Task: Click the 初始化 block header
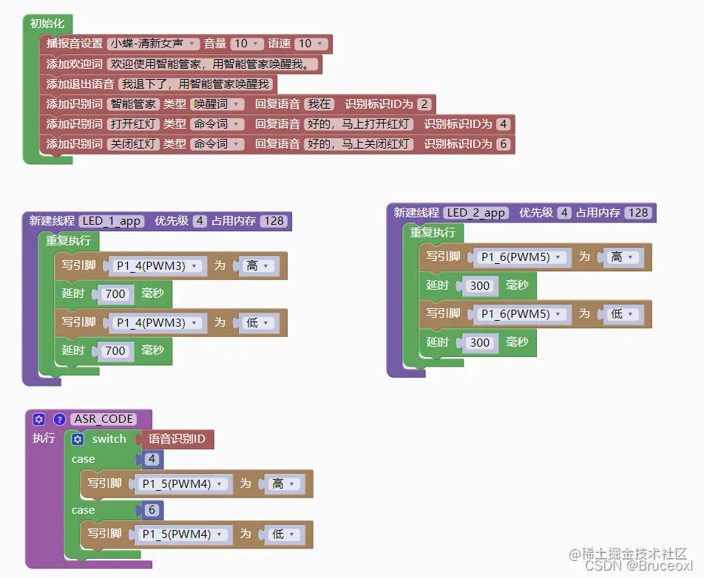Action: pyautogui.click(x=47, y=24)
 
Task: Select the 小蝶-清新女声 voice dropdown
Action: pyautogui.click(x=153, y=44)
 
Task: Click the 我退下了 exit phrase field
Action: pyautogui.click(x=196, y=84)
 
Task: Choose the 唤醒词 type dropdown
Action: pyautogui.click(x=217, y=104)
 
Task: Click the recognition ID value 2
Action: pyautogui.click(x=424, y=104)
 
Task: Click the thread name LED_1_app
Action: pyautogui.click(x=112, y=221)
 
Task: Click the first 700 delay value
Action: pyautogui.click(x=115, y=294)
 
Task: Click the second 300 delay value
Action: pyautogui.click(x=480, y=342)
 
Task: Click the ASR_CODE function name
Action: pyautogui.click(x=104, y=419)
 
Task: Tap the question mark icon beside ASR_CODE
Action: pyautogui.click(x=60, y=419)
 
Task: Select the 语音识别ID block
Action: pyautogui.click(x=177, y=439)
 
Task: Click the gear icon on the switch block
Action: pyautogui.click(x=78, y=439)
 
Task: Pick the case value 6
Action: pyautogui.click(x=152, y=510)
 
